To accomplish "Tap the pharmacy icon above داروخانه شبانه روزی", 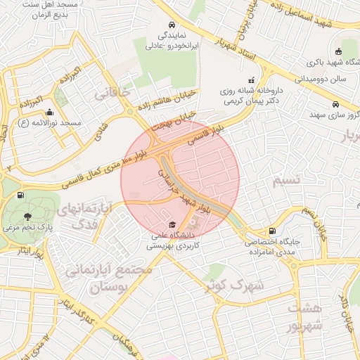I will click(x=251, y=81).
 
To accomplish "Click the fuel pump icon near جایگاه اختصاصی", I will click(x=271, y=231).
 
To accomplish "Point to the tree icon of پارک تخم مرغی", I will click(x=27, y=217).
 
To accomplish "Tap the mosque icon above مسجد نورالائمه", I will click(x=49, y=112).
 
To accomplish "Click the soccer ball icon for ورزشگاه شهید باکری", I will click(x=338, y=51).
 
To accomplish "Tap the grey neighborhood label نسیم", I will click(x=286, y=180).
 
